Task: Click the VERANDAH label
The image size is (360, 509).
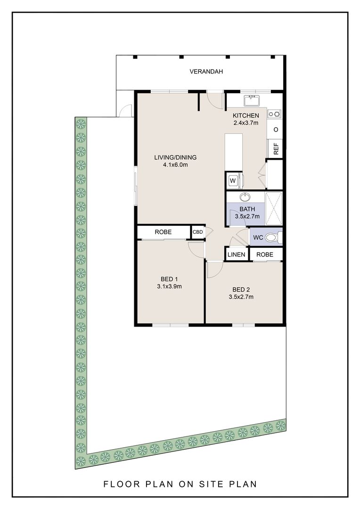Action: [206, 72]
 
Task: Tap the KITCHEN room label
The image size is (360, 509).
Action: [246, 116]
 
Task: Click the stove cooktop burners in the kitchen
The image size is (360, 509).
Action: [275, 114]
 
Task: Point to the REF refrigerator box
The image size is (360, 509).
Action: [276, 148]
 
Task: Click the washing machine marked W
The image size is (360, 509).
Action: [233, 180]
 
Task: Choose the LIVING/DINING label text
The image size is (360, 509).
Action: [175, 157]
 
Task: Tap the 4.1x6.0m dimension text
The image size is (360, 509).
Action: [175, 165]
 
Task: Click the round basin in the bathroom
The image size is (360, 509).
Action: [245, 197]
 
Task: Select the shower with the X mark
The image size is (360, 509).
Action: [273, 208]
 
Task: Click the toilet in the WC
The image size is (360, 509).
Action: [271, 238]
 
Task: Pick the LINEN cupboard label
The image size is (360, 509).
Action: [237, 254]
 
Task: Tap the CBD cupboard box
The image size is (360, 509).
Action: [197, 232]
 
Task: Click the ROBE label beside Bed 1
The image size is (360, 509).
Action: [163, 232]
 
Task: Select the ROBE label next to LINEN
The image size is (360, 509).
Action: [265, 254]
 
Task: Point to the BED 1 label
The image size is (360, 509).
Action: [169, 279]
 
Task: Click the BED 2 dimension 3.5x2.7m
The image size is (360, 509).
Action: [241, 297]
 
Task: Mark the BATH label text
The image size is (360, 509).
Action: [247, 209]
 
